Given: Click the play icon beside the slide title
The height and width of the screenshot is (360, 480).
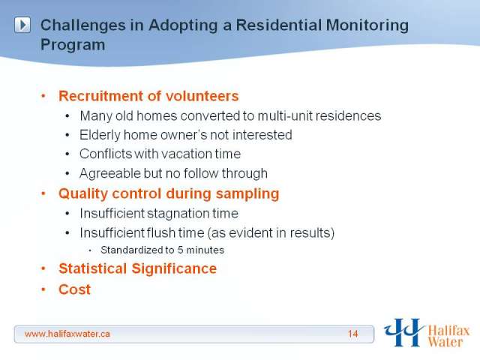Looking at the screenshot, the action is [22, 25].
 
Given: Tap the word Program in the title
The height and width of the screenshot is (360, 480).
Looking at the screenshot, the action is [73, 45].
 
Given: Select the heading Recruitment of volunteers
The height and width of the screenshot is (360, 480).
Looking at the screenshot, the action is [148, 96].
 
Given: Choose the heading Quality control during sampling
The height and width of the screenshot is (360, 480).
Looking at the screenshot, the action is [169, 193].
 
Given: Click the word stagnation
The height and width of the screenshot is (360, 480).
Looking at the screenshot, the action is [177, 214].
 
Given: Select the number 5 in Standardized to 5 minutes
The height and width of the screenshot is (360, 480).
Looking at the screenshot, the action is [180, 250].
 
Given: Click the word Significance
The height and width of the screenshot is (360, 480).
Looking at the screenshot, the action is [174, 269].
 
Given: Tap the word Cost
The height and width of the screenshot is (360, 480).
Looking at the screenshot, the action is [75, 289].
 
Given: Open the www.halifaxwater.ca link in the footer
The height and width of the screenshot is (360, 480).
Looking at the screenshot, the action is [67, 334].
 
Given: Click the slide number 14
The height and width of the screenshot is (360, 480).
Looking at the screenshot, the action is [352, 334].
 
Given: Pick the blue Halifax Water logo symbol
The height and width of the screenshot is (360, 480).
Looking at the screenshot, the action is [403, 332].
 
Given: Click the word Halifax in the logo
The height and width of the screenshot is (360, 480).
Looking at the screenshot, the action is [448, 331].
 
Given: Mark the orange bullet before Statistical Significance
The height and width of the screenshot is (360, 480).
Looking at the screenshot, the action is [43, 269].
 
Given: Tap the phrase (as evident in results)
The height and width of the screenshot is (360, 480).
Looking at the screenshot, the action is [271, 233].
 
